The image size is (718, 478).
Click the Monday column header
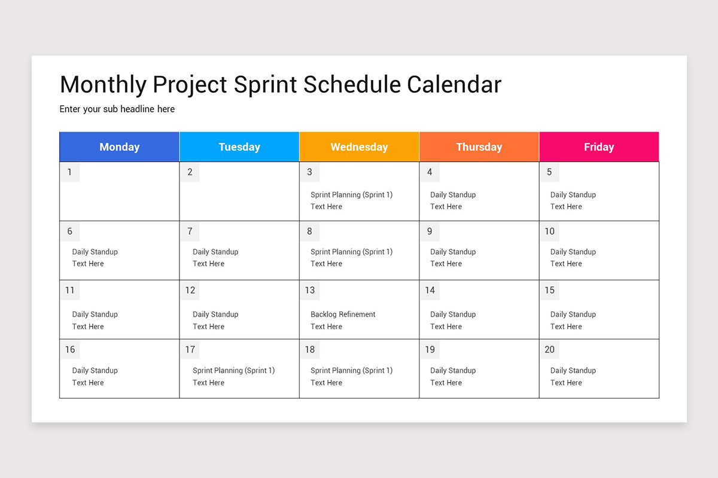[119, 147]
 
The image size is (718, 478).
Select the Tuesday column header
[239, 147]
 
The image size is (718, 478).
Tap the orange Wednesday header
[359, 147]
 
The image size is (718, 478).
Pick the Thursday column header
[479, 147]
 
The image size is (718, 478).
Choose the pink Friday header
[599, 147]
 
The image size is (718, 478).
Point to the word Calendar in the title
[454, 85]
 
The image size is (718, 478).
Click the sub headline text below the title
[117, 109]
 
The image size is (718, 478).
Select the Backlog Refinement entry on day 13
[343, 314]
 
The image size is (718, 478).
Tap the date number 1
[69, 172]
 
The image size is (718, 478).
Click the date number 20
[549, 350]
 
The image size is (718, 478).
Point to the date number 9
[429, 231]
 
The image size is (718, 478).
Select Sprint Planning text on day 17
[233, 370]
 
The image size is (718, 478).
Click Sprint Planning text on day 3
[351, 195]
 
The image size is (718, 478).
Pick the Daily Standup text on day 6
[95, 252]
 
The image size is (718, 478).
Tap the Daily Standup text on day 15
[573, 314]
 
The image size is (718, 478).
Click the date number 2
[190, 172]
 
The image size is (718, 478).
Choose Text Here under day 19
[446, 383]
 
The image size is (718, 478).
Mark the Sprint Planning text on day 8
[351, 252]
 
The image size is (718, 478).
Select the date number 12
[190, 290]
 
